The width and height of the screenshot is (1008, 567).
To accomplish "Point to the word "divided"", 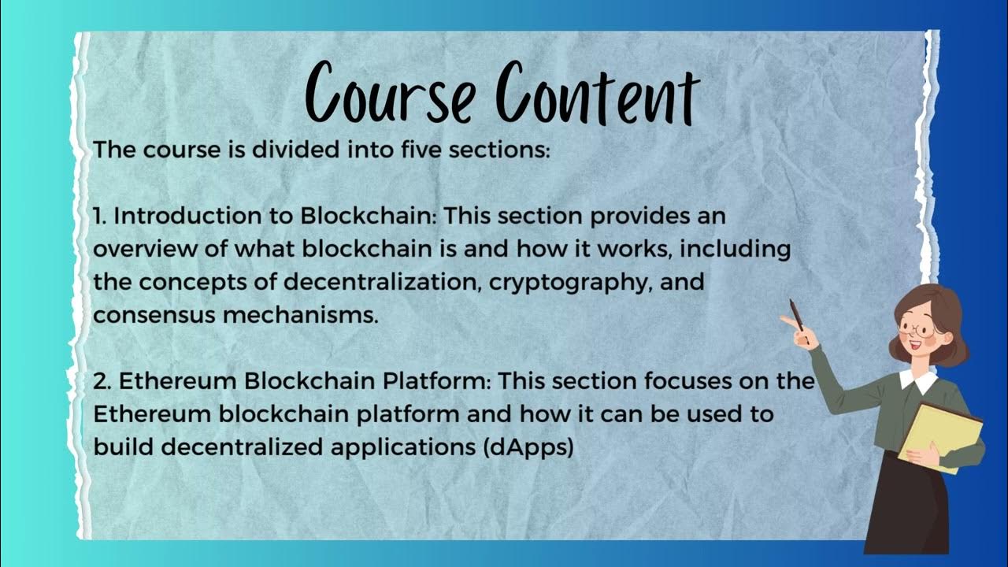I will click(295, 150).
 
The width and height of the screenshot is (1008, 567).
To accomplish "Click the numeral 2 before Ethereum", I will click(100, 381).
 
